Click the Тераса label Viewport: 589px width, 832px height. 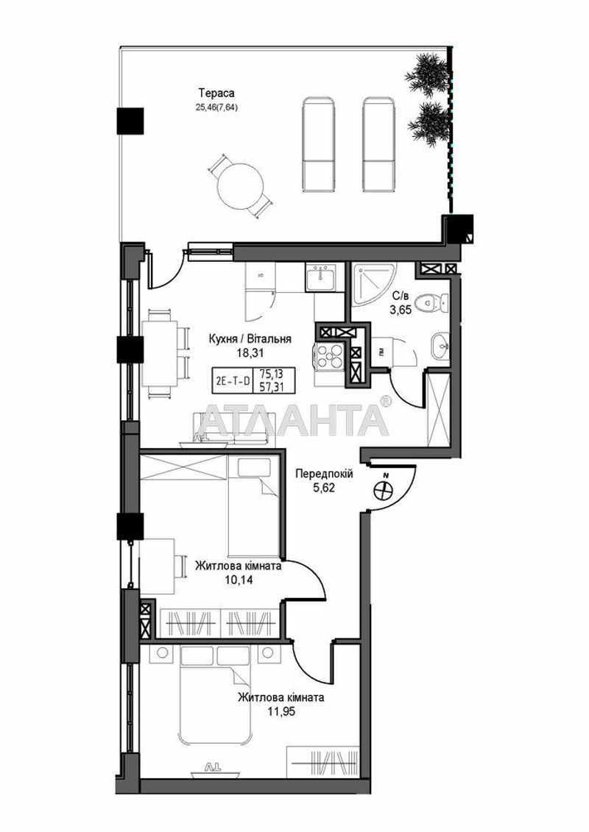tap(216, 93)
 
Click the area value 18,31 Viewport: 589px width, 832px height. tap(250, 352)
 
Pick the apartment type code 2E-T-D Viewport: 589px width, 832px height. tap(231, 380)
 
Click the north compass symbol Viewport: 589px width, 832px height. tap(384, 489)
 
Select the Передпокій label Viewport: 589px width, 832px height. tap(324, 474)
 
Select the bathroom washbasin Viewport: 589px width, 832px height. tap(439, 342)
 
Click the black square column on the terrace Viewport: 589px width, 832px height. tap(130, 118)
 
